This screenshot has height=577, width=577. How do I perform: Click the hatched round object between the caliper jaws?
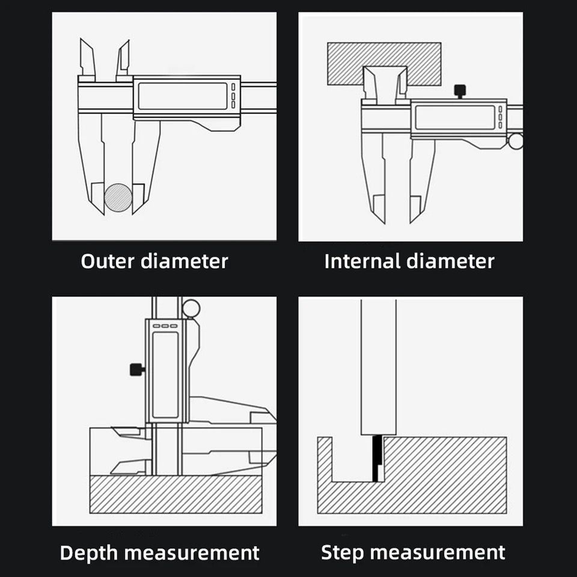click(118, 198)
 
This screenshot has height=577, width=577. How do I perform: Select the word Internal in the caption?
click(362, 261)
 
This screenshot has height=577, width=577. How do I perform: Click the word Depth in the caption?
click(89, 553)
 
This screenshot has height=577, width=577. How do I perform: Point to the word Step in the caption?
click(342, 553)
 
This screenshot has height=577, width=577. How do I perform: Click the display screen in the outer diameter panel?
click(183, 96)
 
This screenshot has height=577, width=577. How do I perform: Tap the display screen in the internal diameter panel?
click(455, 117)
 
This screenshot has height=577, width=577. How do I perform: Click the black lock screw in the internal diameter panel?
click(460, 91)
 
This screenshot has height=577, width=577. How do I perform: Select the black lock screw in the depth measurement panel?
click(137, 370)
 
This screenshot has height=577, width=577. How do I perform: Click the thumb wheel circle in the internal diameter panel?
click(516, 141)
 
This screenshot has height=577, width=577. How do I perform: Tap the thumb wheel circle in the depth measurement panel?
click(191, 308)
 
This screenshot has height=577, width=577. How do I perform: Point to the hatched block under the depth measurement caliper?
click(176, 494)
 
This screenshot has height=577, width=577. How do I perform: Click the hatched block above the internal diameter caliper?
click(384, 64)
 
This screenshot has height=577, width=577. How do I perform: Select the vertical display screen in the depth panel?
click(165, 374)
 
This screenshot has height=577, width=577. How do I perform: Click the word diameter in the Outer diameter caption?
click(185, 261)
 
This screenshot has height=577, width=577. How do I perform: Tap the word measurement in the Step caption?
click(438, 553)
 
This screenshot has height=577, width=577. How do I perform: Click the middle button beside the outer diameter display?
click(233, 96)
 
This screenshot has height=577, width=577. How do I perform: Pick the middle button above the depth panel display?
click(165, 326)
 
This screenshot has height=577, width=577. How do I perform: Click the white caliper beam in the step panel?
click(378, 367)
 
